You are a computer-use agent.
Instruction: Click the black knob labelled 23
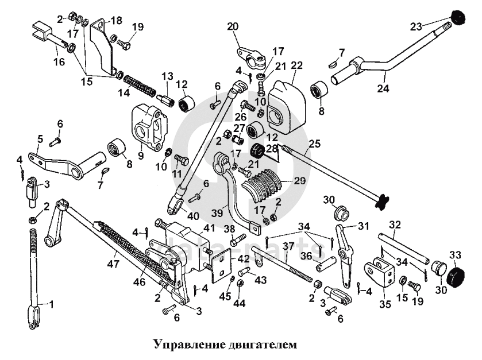[459, 18]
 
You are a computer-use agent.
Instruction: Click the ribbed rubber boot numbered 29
[265, 184]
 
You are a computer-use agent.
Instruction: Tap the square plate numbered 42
[219, 265]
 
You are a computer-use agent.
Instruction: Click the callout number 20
[233, 26]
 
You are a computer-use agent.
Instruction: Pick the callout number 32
[395, 224]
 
